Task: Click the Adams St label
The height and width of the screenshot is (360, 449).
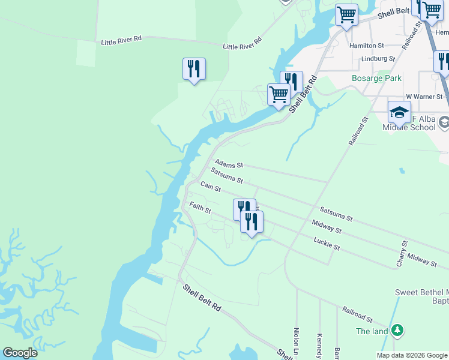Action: click(229, 164)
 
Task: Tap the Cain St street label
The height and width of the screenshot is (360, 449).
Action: click(211, 188)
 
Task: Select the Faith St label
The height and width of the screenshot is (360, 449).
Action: click(200, 208)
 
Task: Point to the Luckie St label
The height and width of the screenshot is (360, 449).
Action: click(327, 244)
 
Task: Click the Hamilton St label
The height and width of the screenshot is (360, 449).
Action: click(367, 46)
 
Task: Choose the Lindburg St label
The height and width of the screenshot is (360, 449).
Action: click(378, 59)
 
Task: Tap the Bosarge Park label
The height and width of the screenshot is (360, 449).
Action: click(376, 78)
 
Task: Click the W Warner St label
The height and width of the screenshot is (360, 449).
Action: click(424, 96)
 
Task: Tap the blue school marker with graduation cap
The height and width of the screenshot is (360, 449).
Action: click(399, 112)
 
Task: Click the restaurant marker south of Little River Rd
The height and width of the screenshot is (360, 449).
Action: click(194, 68)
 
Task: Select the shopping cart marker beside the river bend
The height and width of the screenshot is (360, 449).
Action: click(279, 94)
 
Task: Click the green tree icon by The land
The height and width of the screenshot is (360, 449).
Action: click(396, 330)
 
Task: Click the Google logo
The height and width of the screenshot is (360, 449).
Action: click(20, 353)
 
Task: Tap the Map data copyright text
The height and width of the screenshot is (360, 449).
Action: click(411, 355)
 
